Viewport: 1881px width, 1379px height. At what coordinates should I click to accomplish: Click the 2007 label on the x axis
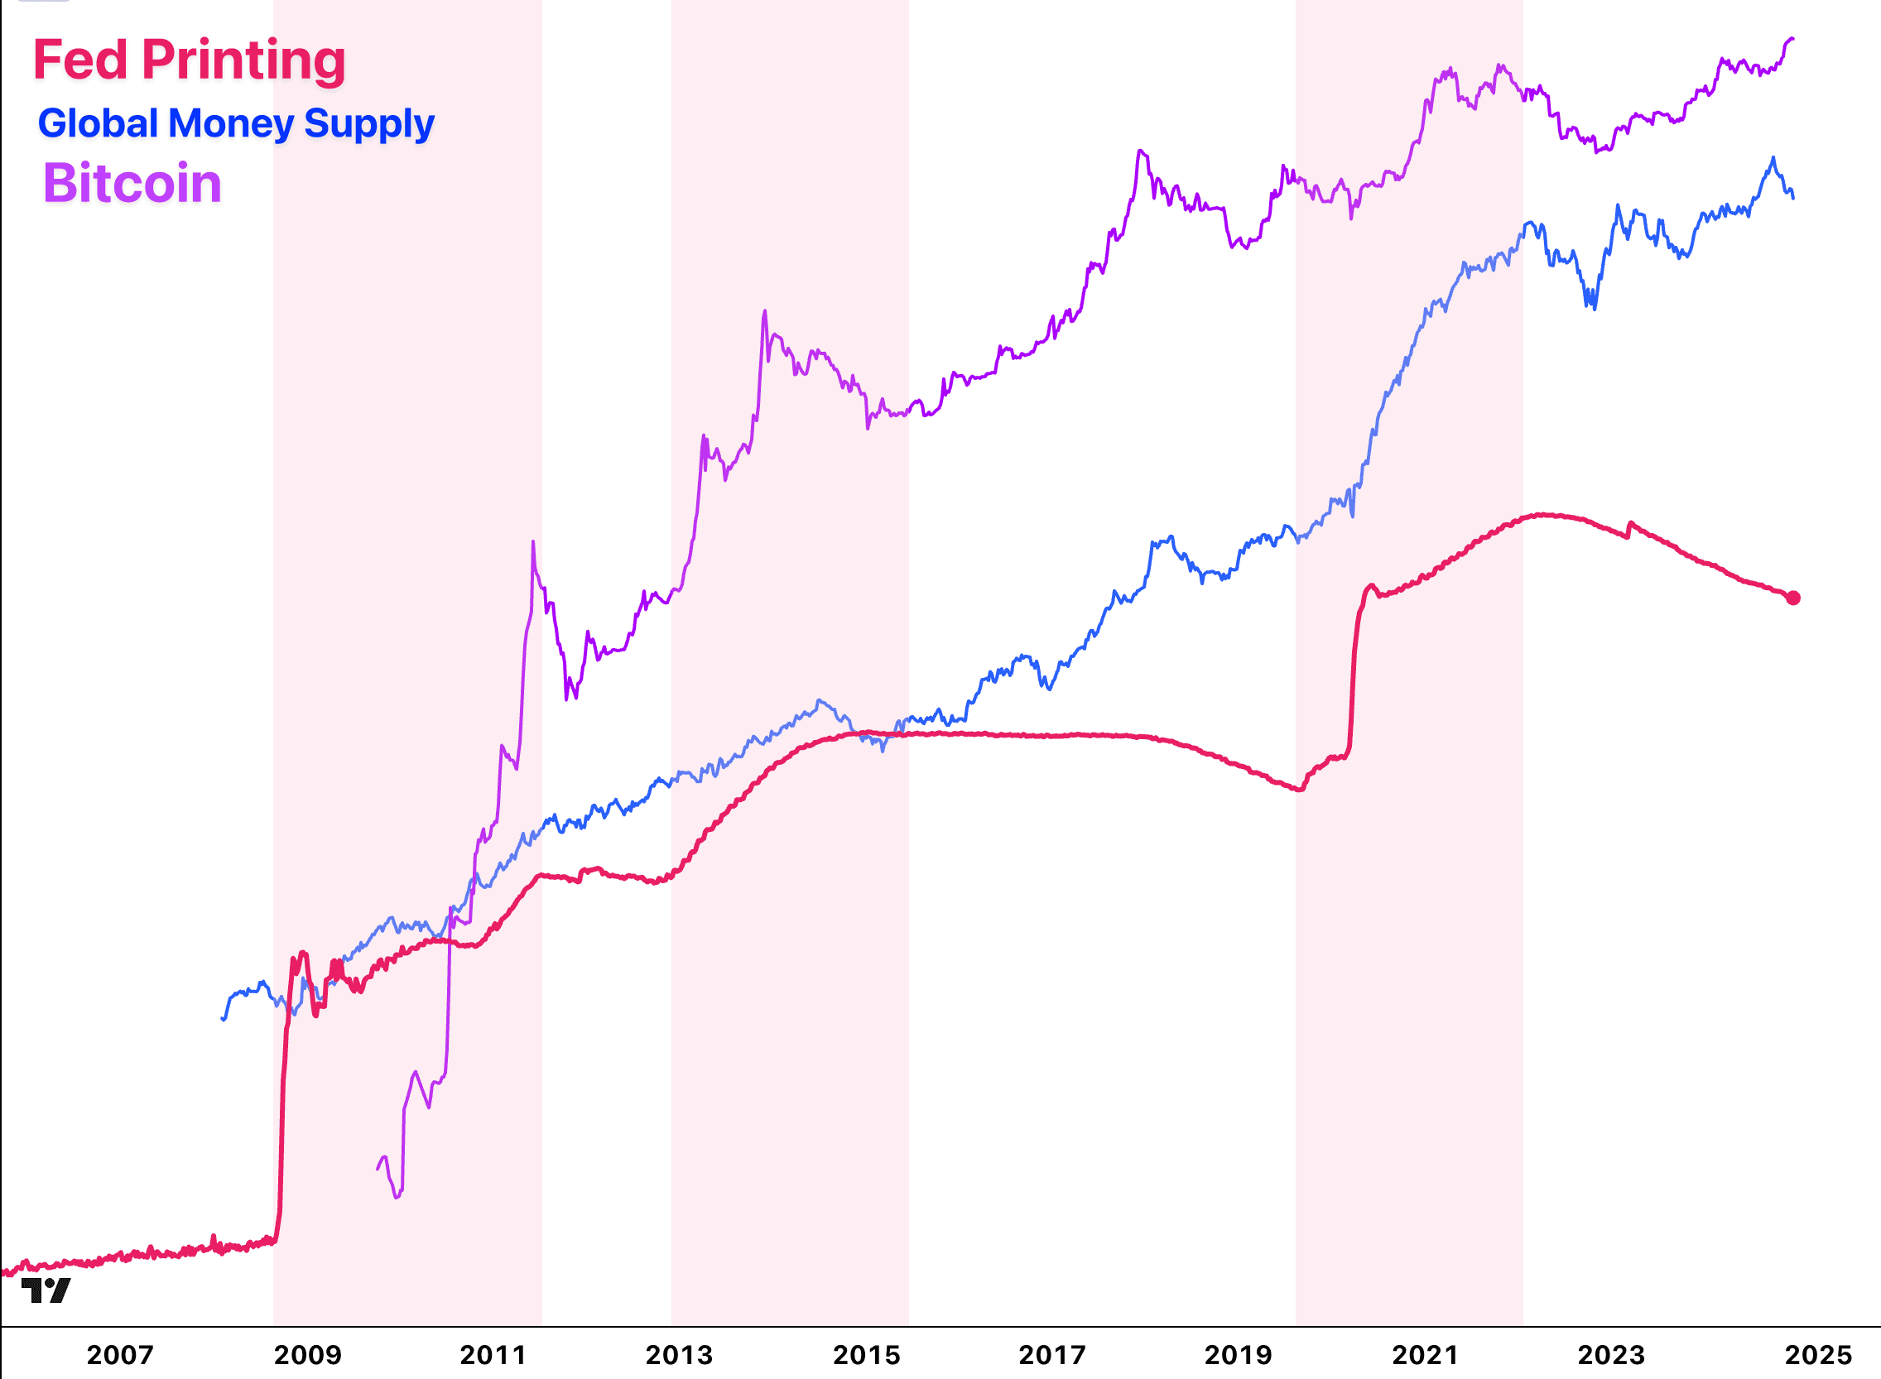point(120,1354)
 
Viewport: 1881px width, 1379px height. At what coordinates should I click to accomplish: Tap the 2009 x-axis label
point(307,1354)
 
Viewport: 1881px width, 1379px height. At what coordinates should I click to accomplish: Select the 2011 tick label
point(493,1354)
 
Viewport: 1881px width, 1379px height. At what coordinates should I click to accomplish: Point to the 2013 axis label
point(680,1354)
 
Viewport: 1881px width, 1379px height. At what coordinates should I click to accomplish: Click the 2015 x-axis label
point(867,1354)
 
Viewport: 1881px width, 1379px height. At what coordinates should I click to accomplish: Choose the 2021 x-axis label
point(1425,1354)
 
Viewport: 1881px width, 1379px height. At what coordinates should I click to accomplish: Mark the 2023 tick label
point(1611,1354)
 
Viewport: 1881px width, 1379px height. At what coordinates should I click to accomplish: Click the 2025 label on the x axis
point(1817,1354)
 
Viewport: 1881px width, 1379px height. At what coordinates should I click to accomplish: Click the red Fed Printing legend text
point(189,60)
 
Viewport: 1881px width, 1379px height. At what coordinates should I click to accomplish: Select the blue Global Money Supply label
point(236,123)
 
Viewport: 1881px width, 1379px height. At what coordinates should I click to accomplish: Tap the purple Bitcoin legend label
point(132,183)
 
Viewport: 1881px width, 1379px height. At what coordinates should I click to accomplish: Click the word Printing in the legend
point(243,60)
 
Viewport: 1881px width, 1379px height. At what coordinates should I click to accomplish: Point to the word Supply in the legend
point(369,123)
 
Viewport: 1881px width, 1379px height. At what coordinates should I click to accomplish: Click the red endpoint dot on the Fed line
point(1793,598)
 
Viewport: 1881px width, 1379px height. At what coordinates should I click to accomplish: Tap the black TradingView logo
point(46,1290)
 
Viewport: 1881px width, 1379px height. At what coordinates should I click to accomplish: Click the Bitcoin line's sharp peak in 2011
point(533,543)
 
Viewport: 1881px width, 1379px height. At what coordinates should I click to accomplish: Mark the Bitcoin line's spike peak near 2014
point(765,311)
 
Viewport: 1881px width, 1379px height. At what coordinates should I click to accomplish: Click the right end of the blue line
point(1793,197)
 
